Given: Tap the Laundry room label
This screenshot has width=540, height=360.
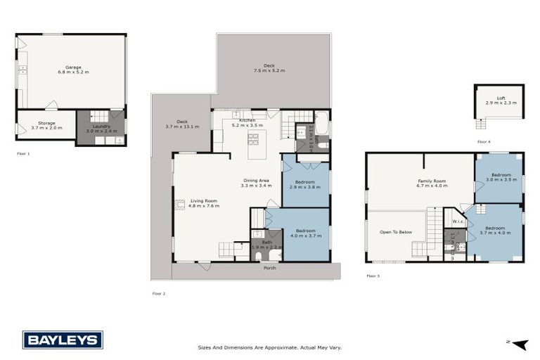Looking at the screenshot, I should [x=98, y=126].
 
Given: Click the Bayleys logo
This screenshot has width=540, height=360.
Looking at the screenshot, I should [x=63, y=340].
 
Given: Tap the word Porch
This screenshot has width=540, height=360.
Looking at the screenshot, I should [x=269, y=268].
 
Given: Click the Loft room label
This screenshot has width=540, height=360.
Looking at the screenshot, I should [x=500, y=98].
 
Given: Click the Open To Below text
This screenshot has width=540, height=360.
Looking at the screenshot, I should [x=397, y=231].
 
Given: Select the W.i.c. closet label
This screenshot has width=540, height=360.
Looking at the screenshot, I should [x=458, y=221].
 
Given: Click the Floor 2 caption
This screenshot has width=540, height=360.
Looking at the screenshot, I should [x=158, y=293].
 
